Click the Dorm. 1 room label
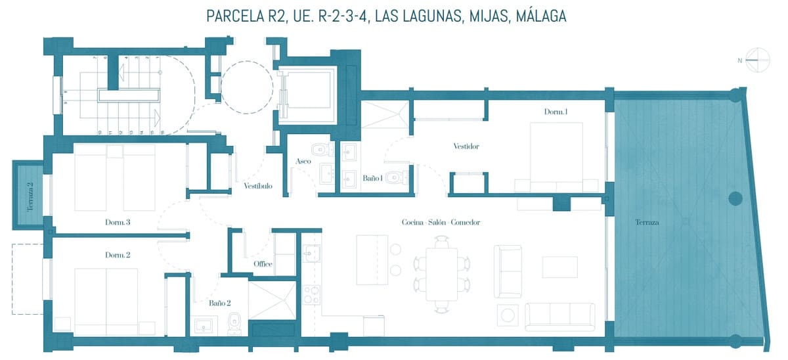[x=556, y=112]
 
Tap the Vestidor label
[x=466, y=146]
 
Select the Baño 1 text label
[x=372, y=178]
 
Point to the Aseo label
[x=303, y=161]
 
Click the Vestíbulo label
[x=258, y=186]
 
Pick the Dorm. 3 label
[x=118, y=222]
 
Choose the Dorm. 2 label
[x=118, y=254]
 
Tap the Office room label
[x=263, y=264]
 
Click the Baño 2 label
[x=219, y=303]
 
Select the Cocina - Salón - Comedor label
[x=441, y=222]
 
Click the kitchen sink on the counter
[x=311, y=253]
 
